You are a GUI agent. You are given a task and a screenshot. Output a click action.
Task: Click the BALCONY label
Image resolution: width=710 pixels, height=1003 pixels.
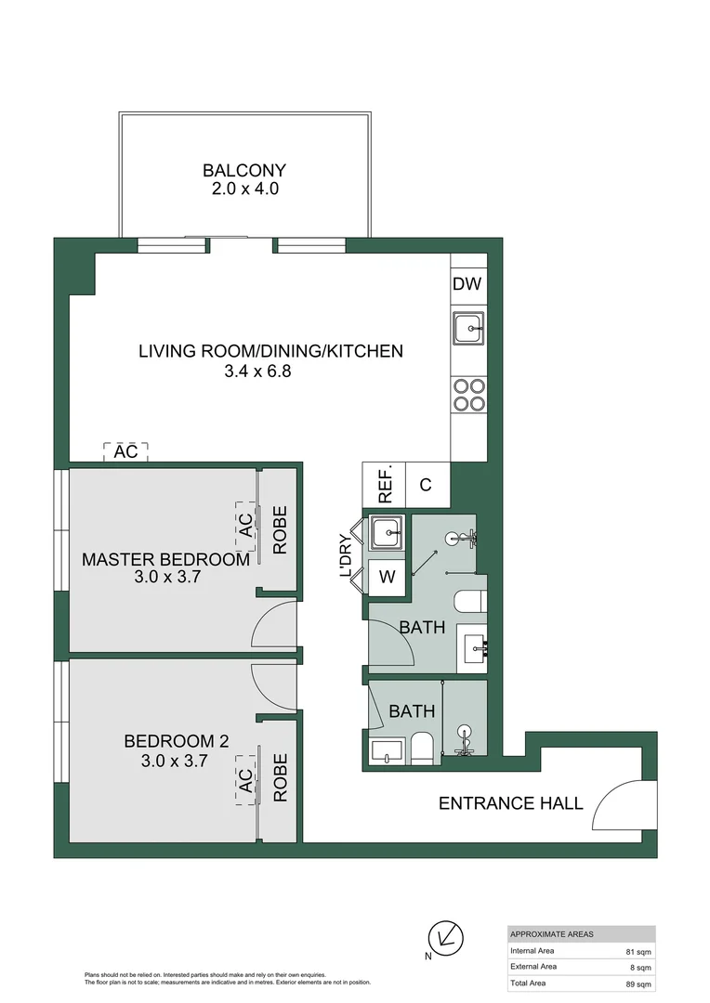tap(244, 171)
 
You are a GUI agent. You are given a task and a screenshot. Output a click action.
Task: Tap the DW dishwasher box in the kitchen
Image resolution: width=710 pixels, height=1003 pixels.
tap(467, 284)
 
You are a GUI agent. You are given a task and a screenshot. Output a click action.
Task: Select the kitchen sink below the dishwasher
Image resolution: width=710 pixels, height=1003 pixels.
tap(467, 328)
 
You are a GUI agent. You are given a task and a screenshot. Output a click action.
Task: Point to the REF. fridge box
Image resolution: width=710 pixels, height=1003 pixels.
tap(385, 485)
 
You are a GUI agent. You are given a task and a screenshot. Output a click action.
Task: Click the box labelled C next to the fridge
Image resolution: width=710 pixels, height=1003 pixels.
tap(426, 485)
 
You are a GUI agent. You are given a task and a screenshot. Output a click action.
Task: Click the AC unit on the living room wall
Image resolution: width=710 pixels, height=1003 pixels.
tap(125, 452)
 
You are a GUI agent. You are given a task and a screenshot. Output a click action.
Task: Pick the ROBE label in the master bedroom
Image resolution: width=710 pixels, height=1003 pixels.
tap(280, 530)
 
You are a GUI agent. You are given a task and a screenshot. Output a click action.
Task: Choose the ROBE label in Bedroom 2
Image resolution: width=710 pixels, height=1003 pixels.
tap(280, 777)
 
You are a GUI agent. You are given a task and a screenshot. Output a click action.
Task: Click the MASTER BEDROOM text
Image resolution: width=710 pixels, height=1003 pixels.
tap(165, 559)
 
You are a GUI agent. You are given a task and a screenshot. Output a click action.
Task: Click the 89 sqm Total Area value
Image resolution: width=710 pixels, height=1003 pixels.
tap(638, 983)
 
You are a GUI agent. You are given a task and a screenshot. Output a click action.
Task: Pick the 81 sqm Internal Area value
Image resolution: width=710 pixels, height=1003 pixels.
tap(638, 951)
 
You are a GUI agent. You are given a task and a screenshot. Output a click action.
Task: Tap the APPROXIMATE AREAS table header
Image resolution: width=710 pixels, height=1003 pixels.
tap(552, 934)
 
